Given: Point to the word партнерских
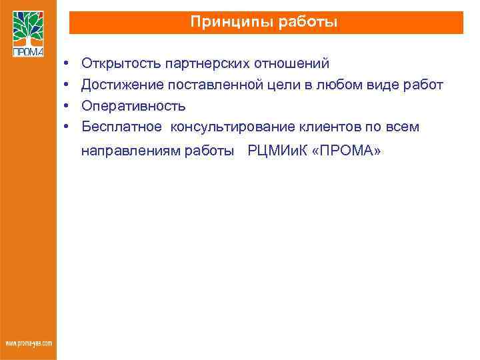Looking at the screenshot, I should pyautogui.click(x=209, y=64).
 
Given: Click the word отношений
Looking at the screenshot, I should pyautogui.click(x=296, y=64).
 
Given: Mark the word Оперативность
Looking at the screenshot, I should pyautogui.click(x=133, y=106).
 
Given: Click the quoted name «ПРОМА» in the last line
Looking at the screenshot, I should pyautogui.click(x=347, y=151).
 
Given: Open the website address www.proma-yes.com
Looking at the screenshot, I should pyautogui.click(x=29, y=343).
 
